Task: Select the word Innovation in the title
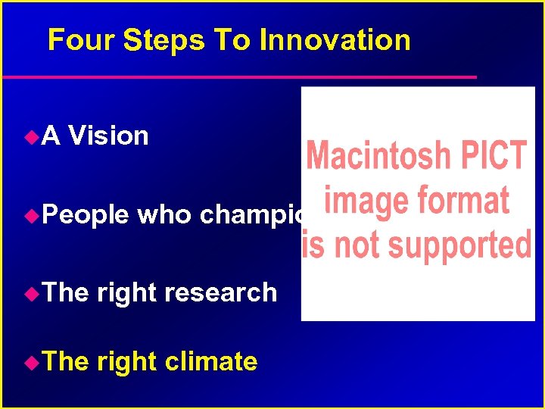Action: (335, 40)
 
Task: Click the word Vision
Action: (108, 136)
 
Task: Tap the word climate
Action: (210, 362)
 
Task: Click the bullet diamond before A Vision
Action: (30, 137)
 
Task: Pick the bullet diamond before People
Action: (30, 216)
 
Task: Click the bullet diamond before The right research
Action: (30, 293)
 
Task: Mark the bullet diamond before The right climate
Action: (30, 362)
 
